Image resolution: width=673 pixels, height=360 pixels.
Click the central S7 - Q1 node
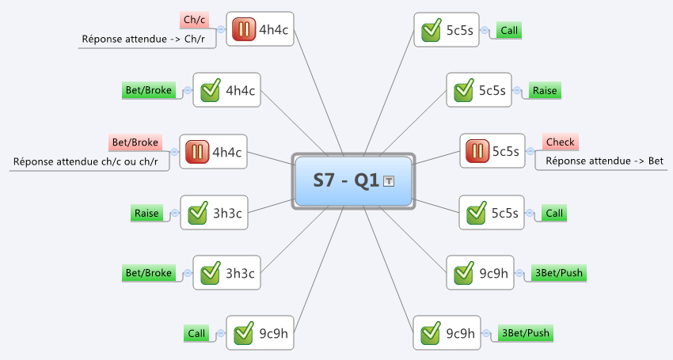click(353, 180)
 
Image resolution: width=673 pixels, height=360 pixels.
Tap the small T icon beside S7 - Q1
click(389, 181)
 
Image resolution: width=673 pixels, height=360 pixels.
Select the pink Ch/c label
click(194, 20)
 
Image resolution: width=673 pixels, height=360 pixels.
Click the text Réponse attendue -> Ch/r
click(143, 39)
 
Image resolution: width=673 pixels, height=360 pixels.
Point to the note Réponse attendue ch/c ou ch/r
click(86, 161)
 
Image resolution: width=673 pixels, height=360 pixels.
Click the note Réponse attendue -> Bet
click(604, 161)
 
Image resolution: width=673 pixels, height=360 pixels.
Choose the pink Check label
click(560, 142)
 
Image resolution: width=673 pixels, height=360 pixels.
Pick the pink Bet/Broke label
click(135, 142)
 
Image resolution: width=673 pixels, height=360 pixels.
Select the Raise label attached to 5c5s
click(545, 90)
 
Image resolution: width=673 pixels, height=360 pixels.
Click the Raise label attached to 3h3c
click(146, 214)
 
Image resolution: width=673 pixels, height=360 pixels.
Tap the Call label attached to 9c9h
click(196, 333)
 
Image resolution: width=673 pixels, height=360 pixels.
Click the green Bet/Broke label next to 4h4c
click(149, 90)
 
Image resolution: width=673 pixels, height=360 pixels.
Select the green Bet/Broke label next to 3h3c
click(149, 273)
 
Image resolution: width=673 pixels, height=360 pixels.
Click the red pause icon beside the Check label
click(477, 151)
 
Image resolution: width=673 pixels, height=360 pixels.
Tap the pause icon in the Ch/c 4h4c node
click(244, 29)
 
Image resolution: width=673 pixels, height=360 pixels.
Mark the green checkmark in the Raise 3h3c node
click(198, 213)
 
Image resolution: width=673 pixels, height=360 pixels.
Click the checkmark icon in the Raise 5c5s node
click(464, 90)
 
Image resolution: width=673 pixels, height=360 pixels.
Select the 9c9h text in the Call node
click(273, 333)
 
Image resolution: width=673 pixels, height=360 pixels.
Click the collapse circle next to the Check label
click(530, 151)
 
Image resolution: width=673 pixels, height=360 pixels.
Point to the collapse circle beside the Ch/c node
click(221, 29)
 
